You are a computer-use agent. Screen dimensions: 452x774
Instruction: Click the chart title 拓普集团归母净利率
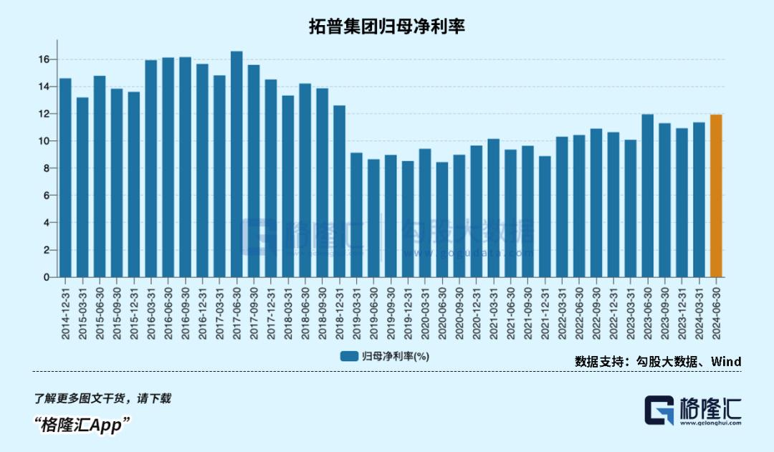click(x=387, y=27)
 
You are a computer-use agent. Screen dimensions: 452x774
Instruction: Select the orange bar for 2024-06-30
click(x=716, y=196)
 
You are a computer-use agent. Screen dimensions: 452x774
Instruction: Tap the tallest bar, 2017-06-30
click(x=236, y=164)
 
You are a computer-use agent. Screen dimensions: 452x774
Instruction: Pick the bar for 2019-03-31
click(x=356, y=215)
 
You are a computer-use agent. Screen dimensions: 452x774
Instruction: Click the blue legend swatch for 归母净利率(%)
click(x=349, y=356)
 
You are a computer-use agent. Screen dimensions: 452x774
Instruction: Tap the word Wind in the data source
click(x=725, y=362)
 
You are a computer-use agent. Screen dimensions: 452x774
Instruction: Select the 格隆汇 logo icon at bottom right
click(x=659, y=411)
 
